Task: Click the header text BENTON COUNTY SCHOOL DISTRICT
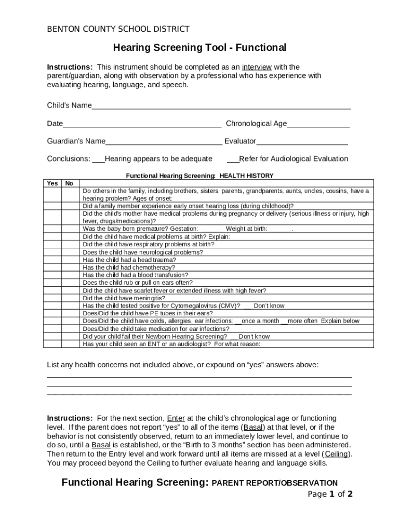(118, 29)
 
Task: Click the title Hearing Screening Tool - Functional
(200, 48)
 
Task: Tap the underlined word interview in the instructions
(257, 67)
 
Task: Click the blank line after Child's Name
(221, 107)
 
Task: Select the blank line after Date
(142, 125)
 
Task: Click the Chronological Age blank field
(318, 125)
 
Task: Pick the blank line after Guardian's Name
(164, 142)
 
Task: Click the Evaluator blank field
(302, 142)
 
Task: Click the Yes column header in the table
(52, 183)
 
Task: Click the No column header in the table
(69, 183)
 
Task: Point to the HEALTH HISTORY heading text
(246, 176)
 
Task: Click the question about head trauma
(129, 260)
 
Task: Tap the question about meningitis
(124, 298)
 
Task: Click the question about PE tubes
(148, 313)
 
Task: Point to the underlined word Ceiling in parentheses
(337, 454)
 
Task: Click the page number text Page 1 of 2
(330, 494)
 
